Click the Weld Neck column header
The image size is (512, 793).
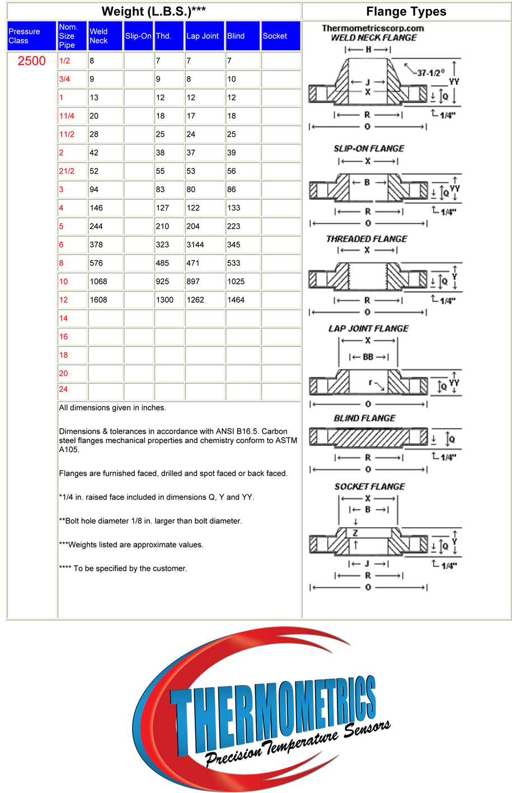coord(98,36)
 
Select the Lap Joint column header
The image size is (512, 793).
coord(202,36)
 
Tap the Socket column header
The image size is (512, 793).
coord(275,36)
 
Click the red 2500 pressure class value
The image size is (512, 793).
coord(31,61)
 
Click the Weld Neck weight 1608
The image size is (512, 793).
coord(98,300)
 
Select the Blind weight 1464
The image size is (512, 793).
coord(236,300)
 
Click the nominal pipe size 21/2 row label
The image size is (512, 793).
coord(67,171)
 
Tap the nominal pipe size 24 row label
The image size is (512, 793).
coord(63,389)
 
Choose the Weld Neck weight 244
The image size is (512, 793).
coord(96,227)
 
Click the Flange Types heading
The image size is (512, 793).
coord(406,12)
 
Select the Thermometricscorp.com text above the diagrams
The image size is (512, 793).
coord(373,28)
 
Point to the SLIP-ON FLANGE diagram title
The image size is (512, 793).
coord(369,148)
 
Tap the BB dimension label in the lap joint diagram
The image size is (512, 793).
coord(368,356)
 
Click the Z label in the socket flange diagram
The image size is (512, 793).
coord(355,533)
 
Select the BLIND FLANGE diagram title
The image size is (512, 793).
coord(364,418)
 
